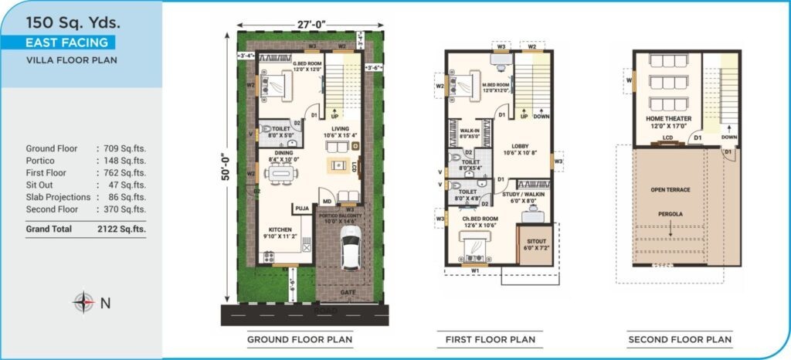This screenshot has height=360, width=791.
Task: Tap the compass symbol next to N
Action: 83,303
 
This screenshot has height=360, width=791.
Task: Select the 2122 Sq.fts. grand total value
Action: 121,229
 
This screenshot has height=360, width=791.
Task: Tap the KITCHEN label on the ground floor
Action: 280,229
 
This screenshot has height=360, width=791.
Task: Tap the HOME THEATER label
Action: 669,118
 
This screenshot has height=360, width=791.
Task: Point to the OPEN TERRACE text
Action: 670,189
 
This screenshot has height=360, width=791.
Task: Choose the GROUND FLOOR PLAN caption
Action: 300,339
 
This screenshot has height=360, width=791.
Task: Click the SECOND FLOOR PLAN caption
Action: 680,339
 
